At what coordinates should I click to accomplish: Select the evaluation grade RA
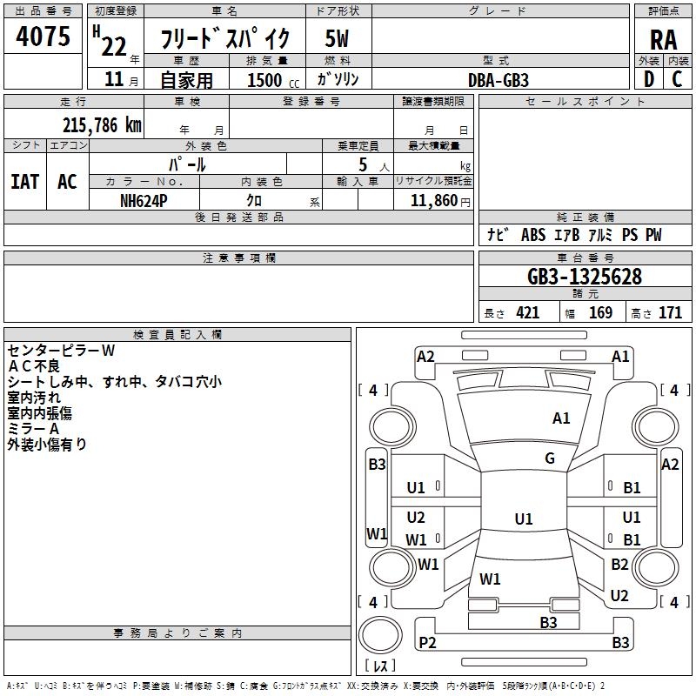tap(663, 40)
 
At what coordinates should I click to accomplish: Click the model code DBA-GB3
tap(499, 79)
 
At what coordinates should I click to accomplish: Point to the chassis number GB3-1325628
tap(585, 277)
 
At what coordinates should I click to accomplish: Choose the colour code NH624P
tap(144, 199)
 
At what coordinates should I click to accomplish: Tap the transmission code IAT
tap(24, 182)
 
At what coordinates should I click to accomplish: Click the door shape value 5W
tap(338, 39)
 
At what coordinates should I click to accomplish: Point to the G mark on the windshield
tap(550, 458)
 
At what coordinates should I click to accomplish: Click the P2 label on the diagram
tap(427, 642)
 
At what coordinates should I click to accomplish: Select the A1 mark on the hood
tap(561, 418)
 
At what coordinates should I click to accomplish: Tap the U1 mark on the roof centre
tap(523, 519)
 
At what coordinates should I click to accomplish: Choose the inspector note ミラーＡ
tap(33, 429)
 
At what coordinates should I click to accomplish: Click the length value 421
tap(527, 313)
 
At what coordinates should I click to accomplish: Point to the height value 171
tap(670, 313)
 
